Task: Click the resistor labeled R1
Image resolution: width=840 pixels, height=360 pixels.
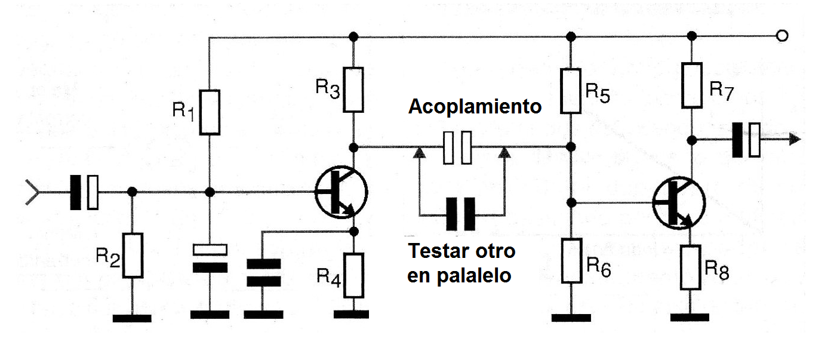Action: coord(210,112)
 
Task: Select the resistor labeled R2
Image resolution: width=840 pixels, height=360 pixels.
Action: coord(133,256)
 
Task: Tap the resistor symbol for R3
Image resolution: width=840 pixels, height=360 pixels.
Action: coord(353,90)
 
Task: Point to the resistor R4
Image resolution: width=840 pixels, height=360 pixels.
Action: coord(353,275)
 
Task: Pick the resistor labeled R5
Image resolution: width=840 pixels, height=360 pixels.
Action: coord(571,91)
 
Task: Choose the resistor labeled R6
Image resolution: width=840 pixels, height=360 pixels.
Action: coord(571,261)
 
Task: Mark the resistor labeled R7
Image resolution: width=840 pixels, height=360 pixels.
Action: coord(692,85)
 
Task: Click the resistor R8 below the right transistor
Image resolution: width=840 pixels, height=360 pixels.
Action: coord(692,267)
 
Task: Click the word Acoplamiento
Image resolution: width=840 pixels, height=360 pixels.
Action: coord(475,107)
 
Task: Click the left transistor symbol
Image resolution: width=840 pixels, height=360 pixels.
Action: coord(341,192)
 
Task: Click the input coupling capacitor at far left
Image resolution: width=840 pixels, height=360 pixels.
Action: coord(84,192)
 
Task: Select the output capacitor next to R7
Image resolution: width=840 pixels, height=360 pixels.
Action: coord(746,140)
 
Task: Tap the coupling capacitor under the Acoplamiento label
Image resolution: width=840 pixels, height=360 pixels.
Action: coord(458,147)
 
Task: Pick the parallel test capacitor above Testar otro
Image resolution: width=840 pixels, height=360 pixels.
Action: coord(461,214)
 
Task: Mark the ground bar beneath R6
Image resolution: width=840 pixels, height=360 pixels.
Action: coord(571,317)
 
